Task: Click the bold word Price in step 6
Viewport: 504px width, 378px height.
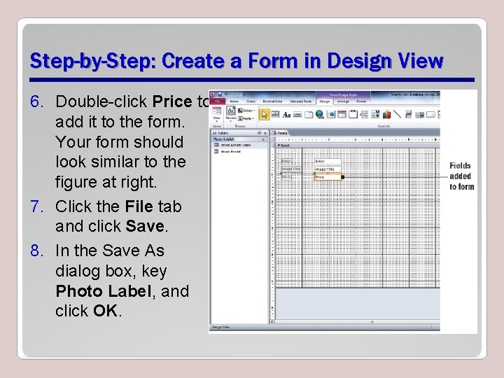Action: click(x=171, y=102)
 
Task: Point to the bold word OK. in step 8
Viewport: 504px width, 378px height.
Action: click(x=106, y=310)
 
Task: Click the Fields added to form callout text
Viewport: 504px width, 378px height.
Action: click(x=461, y=176)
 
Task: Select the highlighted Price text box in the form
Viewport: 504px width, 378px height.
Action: click(x=327, y=177)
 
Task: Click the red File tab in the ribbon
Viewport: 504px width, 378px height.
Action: click(x=217, y=101)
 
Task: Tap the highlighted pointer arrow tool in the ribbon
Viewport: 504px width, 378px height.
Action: click(x=265, y=114)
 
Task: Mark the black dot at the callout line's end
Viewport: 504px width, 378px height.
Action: click(x=342, y=177)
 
